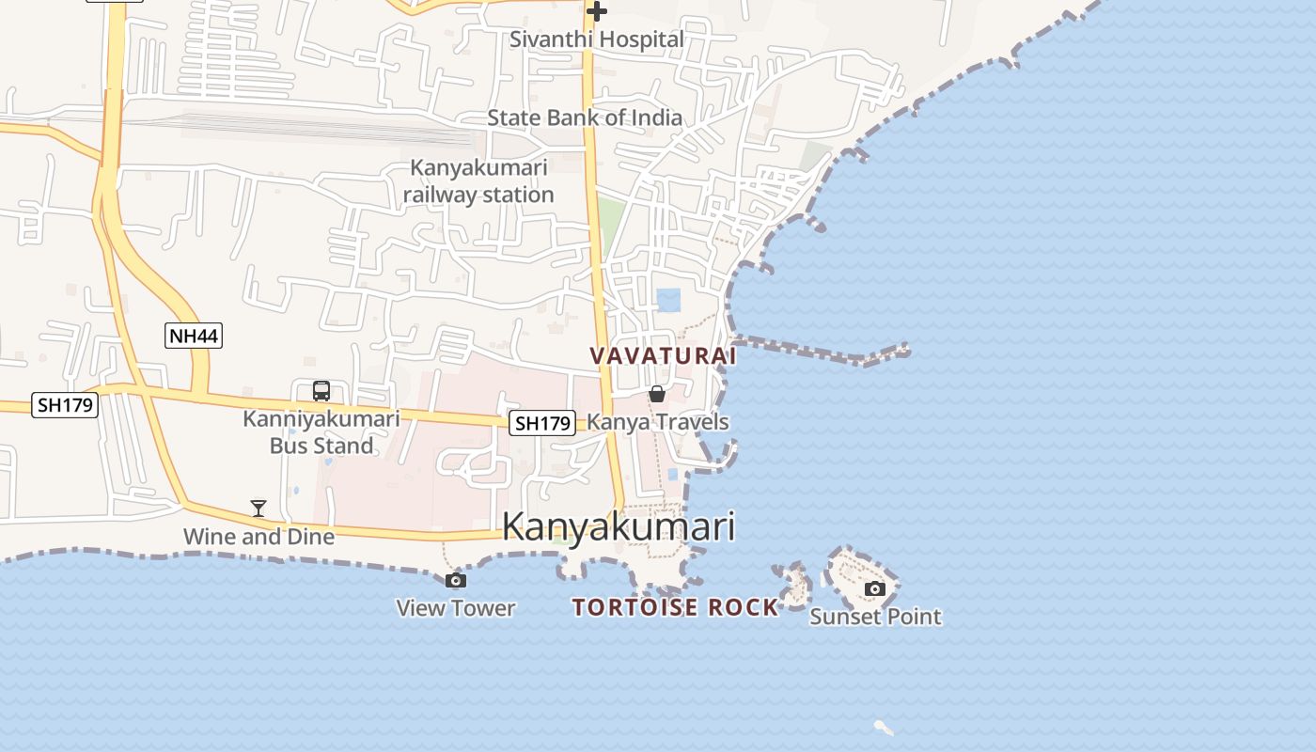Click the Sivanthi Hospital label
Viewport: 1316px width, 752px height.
tap(596, 39)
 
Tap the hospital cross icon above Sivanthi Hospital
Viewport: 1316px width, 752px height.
tap(596, 11)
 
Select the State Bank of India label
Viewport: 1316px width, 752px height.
tap(585, 117)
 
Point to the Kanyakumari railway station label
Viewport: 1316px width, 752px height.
tap(478, 181)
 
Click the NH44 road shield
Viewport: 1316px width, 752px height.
tap(194, 335)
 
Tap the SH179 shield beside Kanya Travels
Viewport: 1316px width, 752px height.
tap(542, 423)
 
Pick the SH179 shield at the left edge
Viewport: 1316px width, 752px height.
tap(65, 405)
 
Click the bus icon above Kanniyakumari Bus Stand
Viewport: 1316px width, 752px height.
tap(321, 390)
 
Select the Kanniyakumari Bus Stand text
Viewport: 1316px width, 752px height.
tap(321, 432)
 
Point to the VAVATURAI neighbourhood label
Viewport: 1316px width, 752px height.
tap(663, 356)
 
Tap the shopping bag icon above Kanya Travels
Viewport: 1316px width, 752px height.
tap(657, 394)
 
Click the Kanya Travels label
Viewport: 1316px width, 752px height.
tap(658, 422)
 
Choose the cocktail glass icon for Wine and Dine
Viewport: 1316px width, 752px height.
tap(258, 509)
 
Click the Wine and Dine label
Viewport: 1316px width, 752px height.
tap(258, 537)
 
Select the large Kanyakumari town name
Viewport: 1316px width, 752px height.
tap(619, 527)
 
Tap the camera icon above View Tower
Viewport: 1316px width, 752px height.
tap(456, 580)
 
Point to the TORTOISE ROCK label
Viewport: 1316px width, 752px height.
tap(676, 607)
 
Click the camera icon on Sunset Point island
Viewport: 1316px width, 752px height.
tap(875, 588)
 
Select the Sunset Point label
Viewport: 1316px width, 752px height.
tap(875, 617)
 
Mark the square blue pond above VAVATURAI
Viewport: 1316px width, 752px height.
tap(668, 300)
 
